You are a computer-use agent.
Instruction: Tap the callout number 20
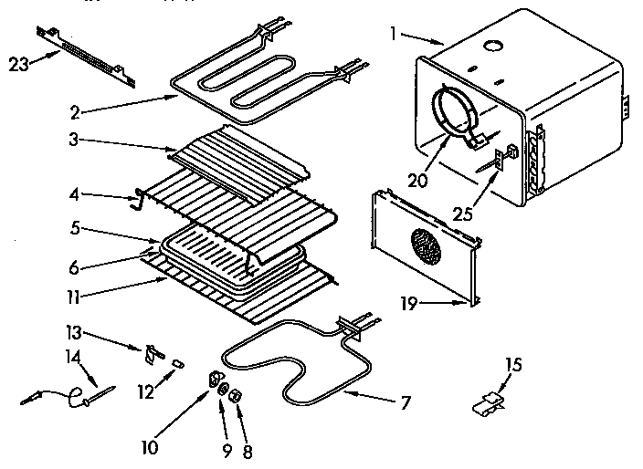point(417,180)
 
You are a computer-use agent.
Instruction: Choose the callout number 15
point(515,364)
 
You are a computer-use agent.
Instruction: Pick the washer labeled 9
point(222,391)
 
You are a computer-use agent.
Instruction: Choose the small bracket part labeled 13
point(152,354)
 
